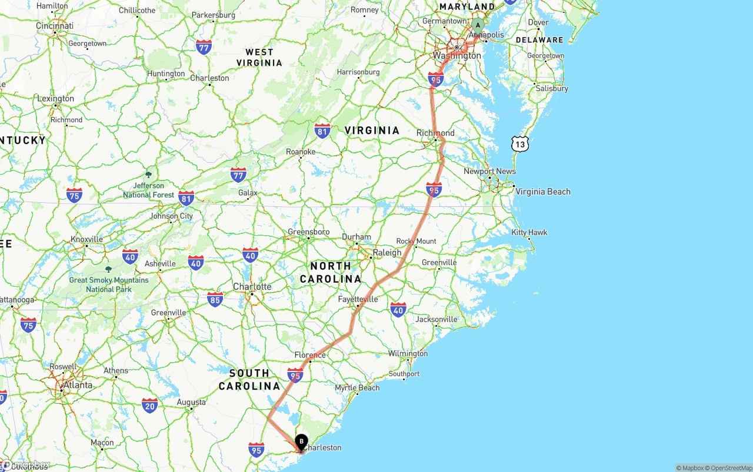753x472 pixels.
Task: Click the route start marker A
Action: pyautogui.click(x=478, y=25)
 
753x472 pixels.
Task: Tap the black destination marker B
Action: pyautogui.click(x=301, y=441)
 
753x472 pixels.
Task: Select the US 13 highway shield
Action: pyautogui.click(x=519, y=143)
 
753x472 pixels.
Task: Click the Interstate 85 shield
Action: pyautogui.click(x=215, y=300)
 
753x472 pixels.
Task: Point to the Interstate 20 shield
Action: pyautogui.click(x=149, y=405)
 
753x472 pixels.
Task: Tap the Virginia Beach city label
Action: pyautogui.click(x=542, y=192)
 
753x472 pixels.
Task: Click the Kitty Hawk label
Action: pyautogui.click(x=529, y=233)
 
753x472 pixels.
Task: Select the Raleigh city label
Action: pyautogui.click(x=387, y=253)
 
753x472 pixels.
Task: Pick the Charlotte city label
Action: pyautogui.click(x=252, y=287)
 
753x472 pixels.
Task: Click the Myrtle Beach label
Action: pyautogui.click(x=357, y=388)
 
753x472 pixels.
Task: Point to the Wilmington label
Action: pyautogui.click(x=408, y=354)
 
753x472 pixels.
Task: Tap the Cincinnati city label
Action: pyautogui.click(x=55, y=26)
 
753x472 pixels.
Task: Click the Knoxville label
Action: pyautogui.click(x=86, y=239)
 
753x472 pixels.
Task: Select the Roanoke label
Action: pyautogui.click(x=301, y=152)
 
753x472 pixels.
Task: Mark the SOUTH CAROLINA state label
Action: pyautogui.click(x=249, y=380)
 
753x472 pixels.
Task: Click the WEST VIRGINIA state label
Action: pyautogui.click(x=259, y=57)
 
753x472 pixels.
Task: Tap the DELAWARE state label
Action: pyautogui.click(x=539, y=40)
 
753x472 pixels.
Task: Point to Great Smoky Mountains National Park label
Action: pyautogui.click(x=109, y=284)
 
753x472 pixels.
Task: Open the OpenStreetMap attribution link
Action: pyautogui.click(x=729, y=468)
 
